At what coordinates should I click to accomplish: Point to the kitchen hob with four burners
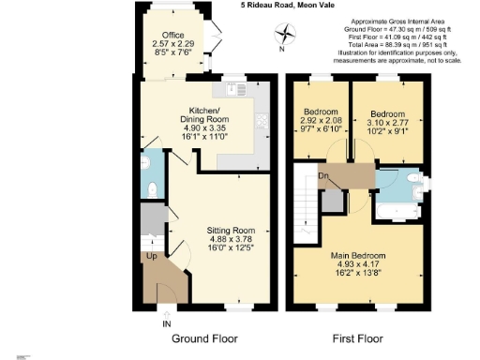pyautogui.click(x=260, y=120)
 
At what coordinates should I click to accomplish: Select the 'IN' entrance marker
pyautogui.click(x=168, y=323)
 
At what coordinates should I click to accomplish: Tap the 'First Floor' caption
pyautogui.click(x=360, y=338)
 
